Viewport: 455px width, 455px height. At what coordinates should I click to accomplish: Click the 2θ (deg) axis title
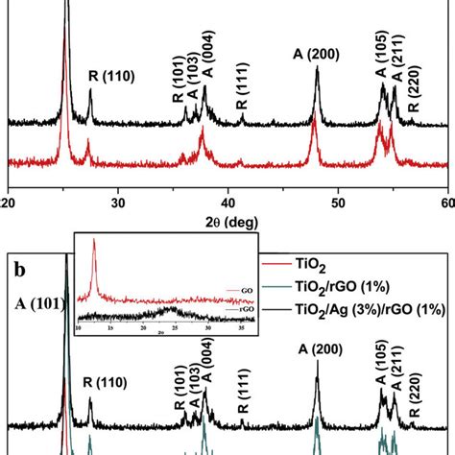coord(233,222)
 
